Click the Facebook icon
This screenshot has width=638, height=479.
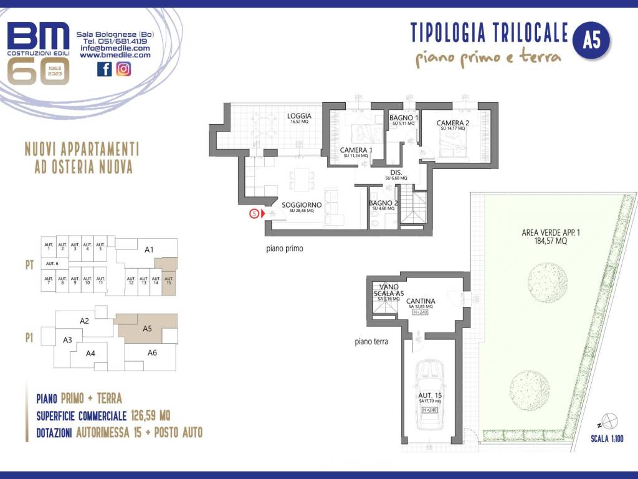click(105, 69)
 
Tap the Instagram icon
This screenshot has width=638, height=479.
click(124, 69)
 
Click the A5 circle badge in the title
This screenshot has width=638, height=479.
click(591, 41)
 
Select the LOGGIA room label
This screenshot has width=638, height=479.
click(299, 116)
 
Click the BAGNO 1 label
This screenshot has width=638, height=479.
click(403, 118)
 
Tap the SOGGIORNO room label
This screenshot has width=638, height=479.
click(302, 205)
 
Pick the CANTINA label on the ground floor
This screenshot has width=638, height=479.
click(421, 301)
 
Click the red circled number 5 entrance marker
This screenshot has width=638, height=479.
click(254, 213)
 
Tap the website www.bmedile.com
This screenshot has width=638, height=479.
click(115, 55)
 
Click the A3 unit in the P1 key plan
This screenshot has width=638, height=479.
click(68, 340)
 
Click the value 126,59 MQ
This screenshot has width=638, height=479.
click(151, 415)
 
